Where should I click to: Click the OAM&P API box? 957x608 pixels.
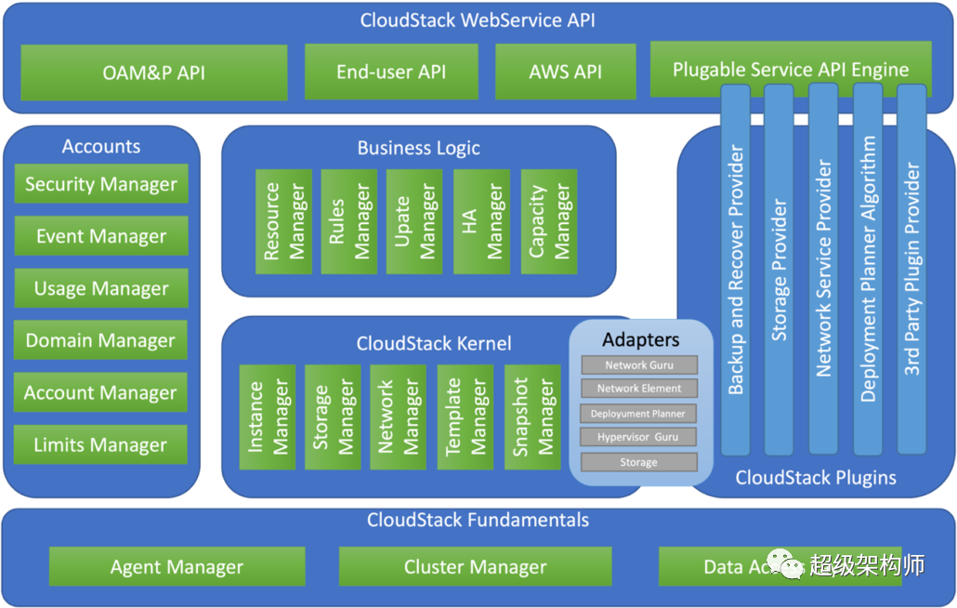point(154,73)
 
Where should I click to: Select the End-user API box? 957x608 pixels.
point(391,73)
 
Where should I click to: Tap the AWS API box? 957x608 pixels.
point(565,73)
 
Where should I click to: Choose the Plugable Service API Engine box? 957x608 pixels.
point(790,69)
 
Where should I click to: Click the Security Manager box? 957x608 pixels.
point(101,184)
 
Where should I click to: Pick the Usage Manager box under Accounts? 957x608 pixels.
point(101,288)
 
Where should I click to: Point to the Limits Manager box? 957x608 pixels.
point(101,445)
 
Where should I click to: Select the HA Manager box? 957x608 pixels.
point(481,221)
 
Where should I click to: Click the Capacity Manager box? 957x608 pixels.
point(548,221)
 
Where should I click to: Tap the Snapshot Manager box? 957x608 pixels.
point(532,416)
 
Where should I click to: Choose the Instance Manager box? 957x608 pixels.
point(268,416)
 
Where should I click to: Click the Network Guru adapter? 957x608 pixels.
point(639,365)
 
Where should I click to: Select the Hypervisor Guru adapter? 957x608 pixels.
point(639,437)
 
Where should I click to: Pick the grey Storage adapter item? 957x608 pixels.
point(639,462)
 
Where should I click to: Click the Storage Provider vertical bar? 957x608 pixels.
point(779,270)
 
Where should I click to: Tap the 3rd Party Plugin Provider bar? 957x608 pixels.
point(912,270)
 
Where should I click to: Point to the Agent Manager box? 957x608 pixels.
point(177,566)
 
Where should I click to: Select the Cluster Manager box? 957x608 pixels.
point(475,566)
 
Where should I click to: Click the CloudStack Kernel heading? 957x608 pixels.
point(434,344)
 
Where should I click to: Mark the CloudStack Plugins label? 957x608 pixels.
point(816,478)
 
